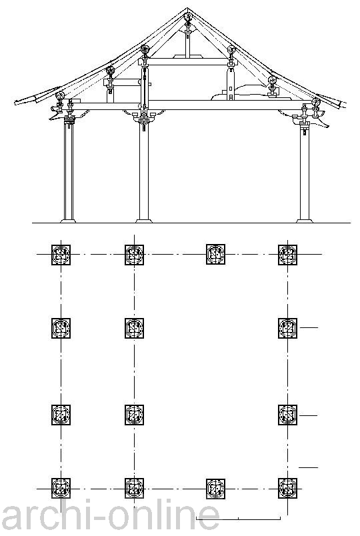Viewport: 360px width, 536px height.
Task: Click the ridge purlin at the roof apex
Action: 187,17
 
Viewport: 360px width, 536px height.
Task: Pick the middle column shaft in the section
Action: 144,175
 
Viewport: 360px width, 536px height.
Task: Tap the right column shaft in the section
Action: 304,175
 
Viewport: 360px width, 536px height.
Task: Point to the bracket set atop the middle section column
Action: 144,118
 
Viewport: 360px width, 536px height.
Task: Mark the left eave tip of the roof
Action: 15,101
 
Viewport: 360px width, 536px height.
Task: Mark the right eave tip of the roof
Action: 345,104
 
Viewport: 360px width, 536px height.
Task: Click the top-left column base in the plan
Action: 61,255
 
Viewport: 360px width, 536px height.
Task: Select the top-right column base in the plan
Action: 287,255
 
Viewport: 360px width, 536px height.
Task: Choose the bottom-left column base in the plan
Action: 61,488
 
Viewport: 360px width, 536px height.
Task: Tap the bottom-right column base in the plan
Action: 287,488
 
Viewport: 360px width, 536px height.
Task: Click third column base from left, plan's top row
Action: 216,254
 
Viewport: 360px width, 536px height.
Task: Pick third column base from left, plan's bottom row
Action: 216,489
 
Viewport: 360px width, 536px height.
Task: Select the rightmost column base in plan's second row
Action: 287,328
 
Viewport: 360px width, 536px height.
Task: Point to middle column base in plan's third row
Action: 134,415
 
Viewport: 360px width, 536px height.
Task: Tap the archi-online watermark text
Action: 110,516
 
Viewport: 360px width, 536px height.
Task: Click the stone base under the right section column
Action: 304,221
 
